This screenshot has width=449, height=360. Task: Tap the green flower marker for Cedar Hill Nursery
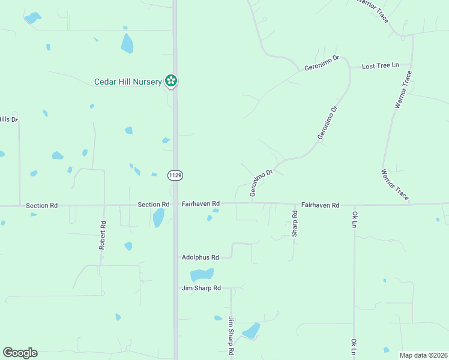172,80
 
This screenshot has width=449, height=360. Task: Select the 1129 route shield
175,175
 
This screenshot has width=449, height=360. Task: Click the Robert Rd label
103,235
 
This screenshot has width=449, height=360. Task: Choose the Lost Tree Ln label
380,66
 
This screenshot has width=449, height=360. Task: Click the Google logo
20,353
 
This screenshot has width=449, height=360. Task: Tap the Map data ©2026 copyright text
423,355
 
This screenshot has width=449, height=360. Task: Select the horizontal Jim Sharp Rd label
201,289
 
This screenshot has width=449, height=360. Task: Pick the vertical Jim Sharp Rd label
231,337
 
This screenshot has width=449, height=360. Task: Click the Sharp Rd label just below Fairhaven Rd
295,223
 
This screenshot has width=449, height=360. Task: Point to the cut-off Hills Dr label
9,119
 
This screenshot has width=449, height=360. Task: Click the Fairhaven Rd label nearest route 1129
200,205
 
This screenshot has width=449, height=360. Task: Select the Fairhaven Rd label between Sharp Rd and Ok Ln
321,205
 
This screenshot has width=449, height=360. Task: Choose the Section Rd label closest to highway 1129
153,205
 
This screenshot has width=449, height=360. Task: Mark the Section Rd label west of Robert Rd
41,205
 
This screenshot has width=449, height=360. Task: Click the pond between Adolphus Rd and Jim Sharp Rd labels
202,275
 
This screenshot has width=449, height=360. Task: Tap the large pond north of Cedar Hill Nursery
127,43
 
